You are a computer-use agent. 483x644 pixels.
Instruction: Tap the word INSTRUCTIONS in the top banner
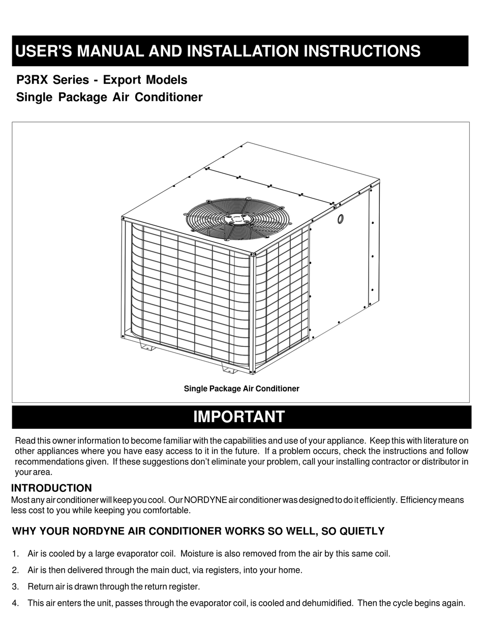[x=362, y=51]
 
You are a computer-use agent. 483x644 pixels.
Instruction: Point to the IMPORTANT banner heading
[x=239, y=417]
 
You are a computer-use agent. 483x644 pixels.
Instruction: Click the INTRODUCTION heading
[x=51, y=488]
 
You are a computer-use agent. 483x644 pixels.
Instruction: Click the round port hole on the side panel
[x=340, y=219]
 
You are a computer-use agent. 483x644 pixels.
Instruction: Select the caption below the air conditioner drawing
[x=242, y=389]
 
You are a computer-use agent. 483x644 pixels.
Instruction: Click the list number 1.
[x=15, y=553]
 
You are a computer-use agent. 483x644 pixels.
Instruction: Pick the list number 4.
[x=15, y=603]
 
